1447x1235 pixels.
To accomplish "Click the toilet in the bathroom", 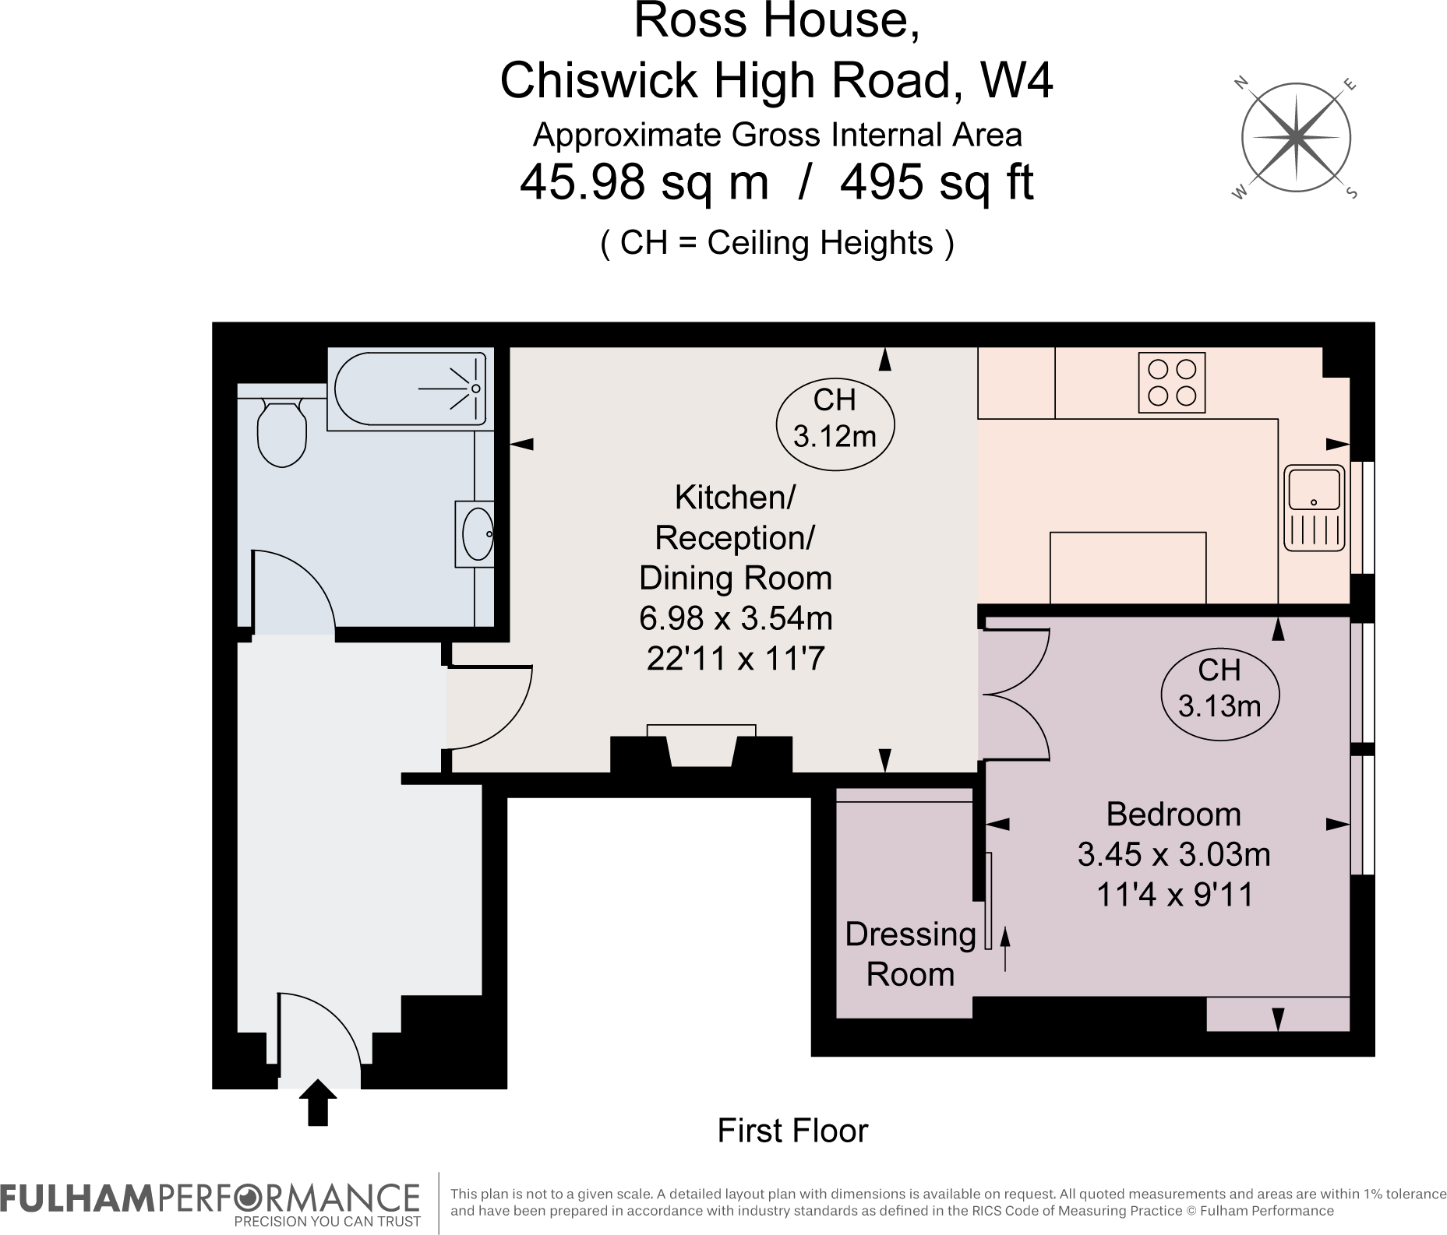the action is click(x=281, y=432).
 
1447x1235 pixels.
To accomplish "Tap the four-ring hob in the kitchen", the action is click(x=1171, y=382).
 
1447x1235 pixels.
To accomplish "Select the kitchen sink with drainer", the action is click(x=1314, y=508).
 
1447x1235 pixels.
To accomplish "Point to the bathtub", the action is click(x=411, y=388).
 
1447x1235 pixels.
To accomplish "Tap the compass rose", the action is click(x=1295, y=139).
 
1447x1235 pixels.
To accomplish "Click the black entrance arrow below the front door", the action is click(x=317, y=1102).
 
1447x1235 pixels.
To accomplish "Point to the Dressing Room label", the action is click(x=910, y=954).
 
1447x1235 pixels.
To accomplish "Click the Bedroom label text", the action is click(x=1173, y=815).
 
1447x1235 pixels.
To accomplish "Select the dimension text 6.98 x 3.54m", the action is click(x=736, y=618).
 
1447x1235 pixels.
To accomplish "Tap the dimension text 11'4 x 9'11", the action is click(x=1174, y=895).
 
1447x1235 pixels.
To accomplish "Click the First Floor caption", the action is click(x=792, y=1131).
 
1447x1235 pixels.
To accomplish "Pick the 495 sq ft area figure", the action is click(x=937, y=183).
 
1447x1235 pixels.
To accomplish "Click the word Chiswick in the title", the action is click(x=598, y=80).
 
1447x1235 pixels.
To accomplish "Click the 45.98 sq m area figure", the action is click(x=644, y=184).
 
